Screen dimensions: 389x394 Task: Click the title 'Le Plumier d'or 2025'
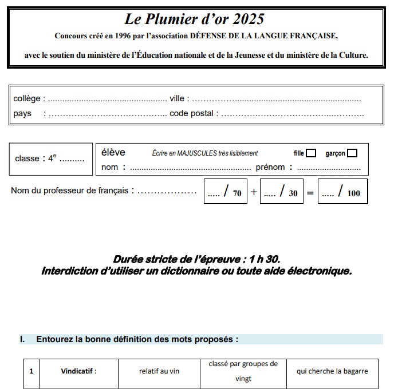(195, 19)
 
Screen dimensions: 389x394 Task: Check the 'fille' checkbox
(311, 153)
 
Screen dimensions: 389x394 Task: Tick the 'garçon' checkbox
(352, 153)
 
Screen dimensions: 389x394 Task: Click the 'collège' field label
(26, 99)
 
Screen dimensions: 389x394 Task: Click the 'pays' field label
(22, 113)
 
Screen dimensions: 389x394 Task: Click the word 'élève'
(113, 152)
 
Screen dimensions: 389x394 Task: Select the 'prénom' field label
(270, 167)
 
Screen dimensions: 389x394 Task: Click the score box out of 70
(225, 192)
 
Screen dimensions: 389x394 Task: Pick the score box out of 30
(281, 192)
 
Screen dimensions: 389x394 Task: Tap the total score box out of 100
(342, 192)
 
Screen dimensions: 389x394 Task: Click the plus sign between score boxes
(254, 192)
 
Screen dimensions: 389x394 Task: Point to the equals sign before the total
(310, 193)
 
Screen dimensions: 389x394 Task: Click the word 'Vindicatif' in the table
(78, 371)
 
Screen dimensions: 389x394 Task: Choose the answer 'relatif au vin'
(159, 371)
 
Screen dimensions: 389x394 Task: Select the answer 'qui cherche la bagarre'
(332, 371)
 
